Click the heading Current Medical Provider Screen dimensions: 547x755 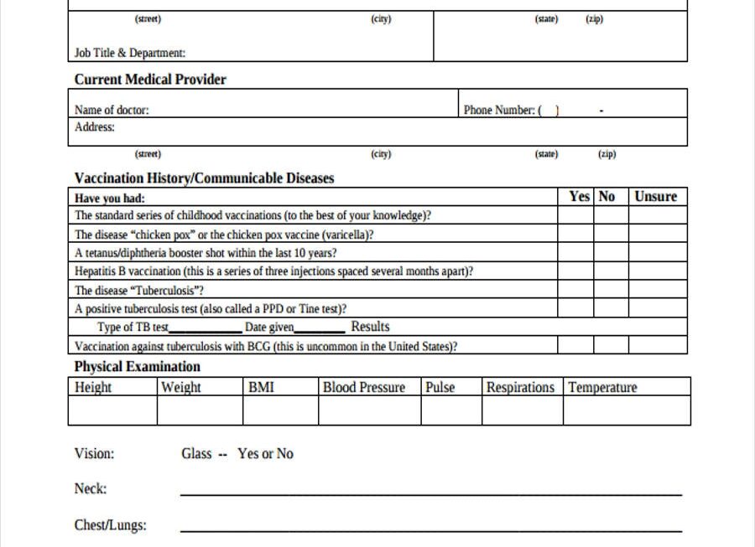[x=150, y=80]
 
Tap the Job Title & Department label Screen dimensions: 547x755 [x=130, y=53]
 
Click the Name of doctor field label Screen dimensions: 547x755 [x=112, y=110]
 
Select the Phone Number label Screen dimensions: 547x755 [x=499, y=110]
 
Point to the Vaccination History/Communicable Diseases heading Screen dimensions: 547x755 [x=204, y=178]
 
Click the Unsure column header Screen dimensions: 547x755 [x=656, y=197]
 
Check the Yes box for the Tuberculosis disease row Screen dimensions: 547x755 [x=575, y=291]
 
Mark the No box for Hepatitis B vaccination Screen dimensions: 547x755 [x=611, y=271]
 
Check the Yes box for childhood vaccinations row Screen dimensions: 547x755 [x=575, y=215]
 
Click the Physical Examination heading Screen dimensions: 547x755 [x=137, y=367]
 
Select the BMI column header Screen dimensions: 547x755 [x=261, y=387]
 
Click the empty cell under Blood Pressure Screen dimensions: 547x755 [x=368, y=410]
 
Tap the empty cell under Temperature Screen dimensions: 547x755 [x=627, y=410]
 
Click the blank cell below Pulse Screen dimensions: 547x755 [x=450, y=410]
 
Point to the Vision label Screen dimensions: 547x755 [x=94, y=454]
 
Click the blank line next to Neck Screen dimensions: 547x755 [x=430, y=493]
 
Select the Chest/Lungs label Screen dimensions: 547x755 [x=110, y=526]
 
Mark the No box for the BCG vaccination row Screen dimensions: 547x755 [x=611, y=345]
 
